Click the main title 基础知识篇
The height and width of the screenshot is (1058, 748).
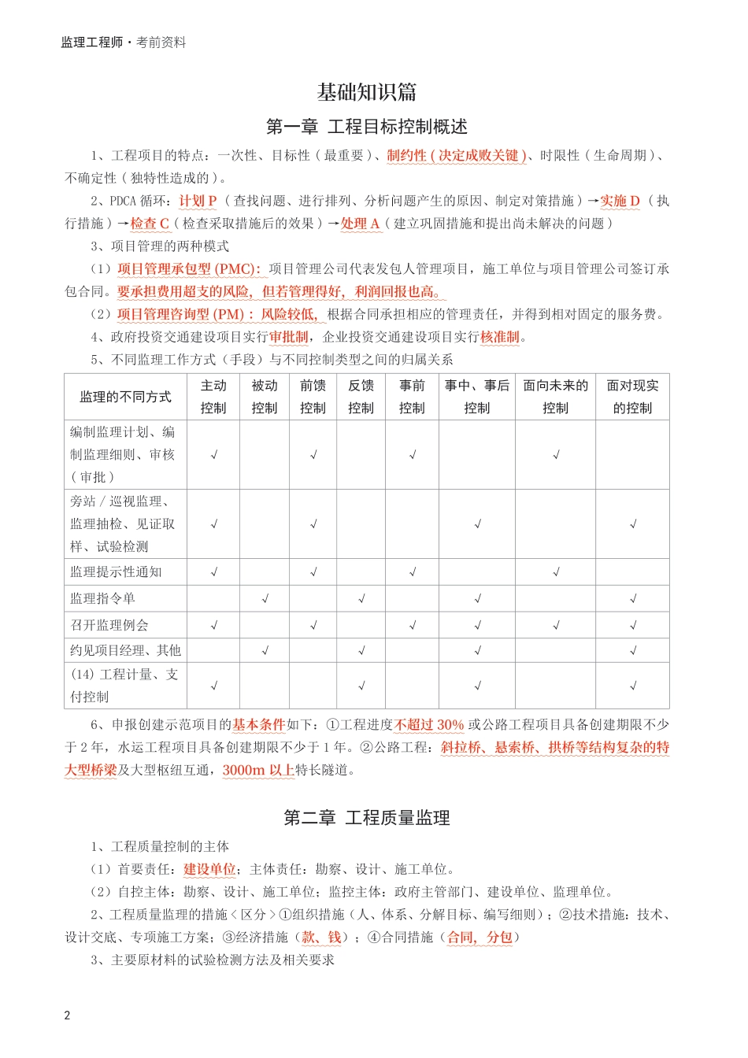[367, 92]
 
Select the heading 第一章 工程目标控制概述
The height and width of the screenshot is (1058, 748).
[367, 127]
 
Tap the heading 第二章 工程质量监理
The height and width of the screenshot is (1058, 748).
[367, 818]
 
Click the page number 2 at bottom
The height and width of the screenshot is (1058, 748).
[67, 1015]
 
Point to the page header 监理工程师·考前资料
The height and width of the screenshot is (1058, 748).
[124, 43]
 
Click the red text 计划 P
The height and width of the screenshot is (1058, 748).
[198, 201]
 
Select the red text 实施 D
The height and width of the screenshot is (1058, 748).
[620, 201]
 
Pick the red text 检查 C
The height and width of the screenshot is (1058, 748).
[150, 224]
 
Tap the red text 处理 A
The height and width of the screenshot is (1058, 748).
[361, 224]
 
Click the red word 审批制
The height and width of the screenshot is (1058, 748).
[289, 337]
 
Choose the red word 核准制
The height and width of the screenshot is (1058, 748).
[500, 337]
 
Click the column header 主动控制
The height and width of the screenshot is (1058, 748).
[213, 397]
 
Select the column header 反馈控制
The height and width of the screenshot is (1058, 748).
[361, 397]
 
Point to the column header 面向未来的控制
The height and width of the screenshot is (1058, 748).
[555, 397]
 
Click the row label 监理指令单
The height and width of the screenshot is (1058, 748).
[103, 598]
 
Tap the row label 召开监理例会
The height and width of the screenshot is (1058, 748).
[109, 625]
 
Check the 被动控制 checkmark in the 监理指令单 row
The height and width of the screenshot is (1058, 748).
[265, 599]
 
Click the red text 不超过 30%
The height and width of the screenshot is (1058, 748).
[429, 724]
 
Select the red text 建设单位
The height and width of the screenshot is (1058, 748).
[209, 869]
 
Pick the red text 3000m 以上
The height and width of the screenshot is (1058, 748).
[258, 770]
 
